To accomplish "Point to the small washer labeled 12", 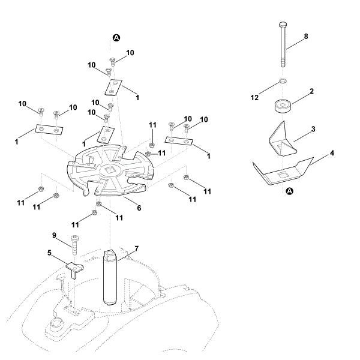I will pos(283,82).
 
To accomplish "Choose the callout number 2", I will pos(311,91).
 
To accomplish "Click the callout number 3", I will pos(313,129).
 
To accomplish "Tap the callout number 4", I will pos(332,153).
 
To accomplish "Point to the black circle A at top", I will pos(116,38).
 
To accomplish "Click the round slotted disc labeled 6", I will pos(111,171).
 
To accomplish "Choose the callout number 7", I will pos(136,247).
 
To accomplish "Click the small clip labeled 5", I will pos(74,267).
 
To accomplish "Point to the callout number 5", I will pos(49,253).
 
